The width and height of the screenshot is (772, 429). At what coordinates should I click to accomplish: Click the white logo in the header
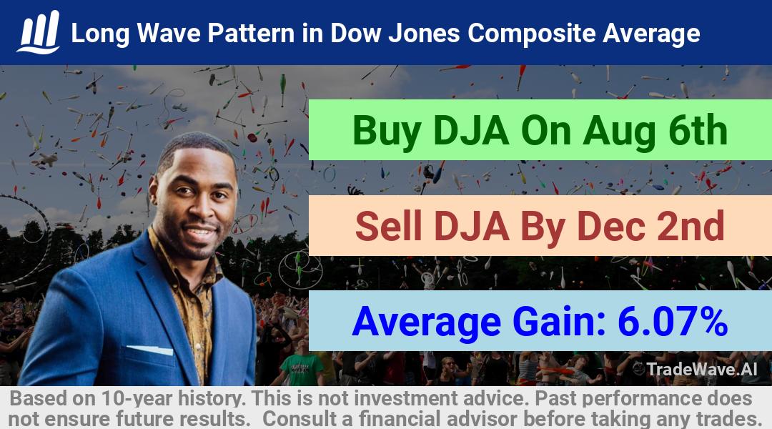point(39,31)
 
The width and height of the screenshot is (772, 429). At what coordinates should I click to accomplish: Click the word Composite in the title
point(531,34)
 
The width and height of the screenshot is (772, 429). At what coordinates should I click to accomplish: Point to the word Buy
point(387,132)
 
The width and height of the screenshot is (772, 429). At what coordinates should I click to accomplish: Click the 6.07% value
point(673,321)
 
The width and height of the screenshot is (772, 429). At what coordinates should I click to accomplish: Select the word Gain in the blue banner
point(559,321)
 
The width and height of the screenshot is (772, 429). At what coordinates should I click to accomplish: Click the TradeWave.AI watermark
point(696,369)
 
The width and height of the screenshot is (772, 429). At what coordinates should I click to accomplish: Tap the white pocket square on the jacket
point(149,350)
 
